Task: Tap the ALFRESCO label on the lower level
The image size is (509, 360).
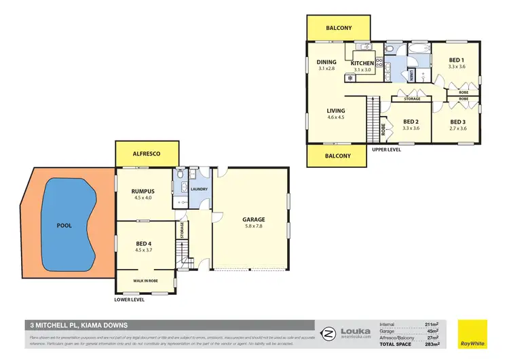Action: (147, 154)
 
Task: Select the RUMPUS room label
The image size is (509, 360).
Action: (143, 192)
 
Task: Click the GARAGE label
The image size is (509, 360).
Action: (253, 219)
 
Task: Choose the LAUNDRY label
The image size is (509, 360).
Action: (199, 190)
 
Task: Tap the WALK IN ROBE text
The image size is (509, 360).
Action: (145, 279)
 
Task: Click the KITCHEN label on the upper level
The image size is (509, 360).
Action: (362, 63)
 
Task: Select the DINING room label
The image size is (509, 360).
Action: (327, 62)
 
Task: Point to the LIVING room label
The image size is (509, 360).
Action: (336, 111)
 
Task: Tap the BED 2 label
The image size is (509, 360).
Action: (411, 121)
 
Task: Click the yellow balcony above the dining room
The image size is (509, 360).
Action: (338, 28)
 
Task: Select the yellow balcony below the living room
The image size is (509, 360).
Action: (337, 156)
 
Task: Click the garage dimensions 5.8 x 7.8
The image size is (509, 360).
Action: (253, 226)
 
